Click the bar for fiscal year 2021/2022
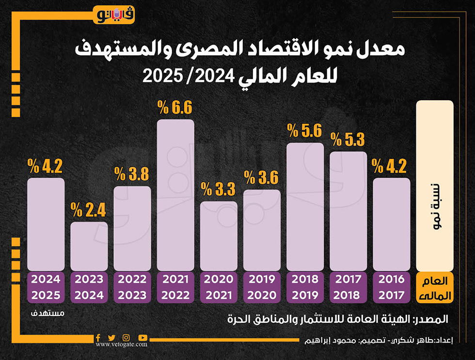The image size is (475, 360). (x=175, y=195)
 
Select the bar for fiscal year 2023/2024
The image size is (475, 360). (x=89, y=246)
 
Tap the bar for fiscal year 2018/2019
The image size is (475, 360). (x=305, y=206)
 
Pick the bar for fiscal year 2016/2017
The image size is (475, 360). (x=392, y=224)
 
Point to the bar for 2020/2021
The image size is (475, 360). (x=219, y=236)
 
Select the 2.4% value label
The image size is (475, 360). (x=88, y=210)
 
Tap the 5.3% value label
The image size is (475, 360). (x=348, y=140)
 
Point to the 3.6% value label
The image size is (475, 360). (x=262, y=178)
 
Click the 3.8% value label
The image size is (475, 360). (x=132, y=174)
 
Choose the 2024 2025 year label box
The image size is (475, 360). (x=46, y=287)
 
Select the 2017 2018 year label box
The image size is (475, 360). (x=348, y=287)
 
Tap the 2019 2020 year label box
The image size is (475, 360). (x=262, y=287)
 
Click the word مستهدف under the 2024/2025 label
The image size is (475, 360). (x=48, y=313)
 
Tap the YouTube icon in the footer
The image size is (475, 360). (x=142, y=337)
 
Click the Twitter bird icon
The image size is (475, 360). (x=111, y=337)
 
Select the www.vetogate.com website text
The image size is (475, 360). (x=121, y=344)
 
